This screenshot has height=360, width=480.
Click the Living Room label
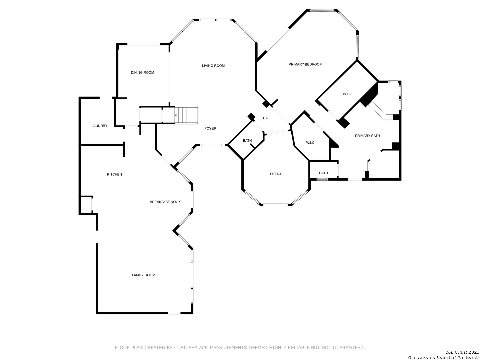pos(213,66)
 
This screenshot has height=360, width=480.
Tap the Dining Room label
pos(142,73)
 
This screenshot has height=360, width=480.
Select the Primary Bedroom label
pos(305,64)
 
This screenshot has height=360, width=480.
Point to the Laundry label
pos(99,126)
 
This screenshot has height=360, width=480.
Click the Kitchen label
pos(114,174)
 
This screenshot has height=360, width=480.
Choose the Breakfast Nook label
pos(165,202)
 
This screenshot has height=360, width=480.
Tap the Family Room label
pos(143,275)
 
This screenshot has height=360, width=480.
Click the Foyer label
pos(210,129)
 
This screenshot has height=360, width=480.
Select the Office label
pos(276,174)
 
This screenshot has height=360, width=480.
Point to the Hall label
pos(267,118)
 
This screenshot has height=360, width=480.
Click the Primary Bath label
pos(367,136)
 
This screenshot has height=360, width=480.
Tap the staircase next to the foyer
pos(186,115)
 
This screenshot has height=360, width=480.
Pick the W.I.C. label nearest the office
pos(311,143)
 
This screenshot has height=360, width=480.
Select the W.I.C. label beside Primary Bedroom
pos(347,94)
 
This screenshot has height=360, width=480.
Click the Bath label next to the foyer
pos(247,141)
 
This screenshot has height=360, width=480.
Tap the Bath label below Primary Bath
pos(323,173)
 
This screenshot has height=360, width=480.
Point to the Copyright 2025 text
pos(462,352)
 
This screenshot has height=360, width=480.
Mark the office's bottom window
pos(276,205)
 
